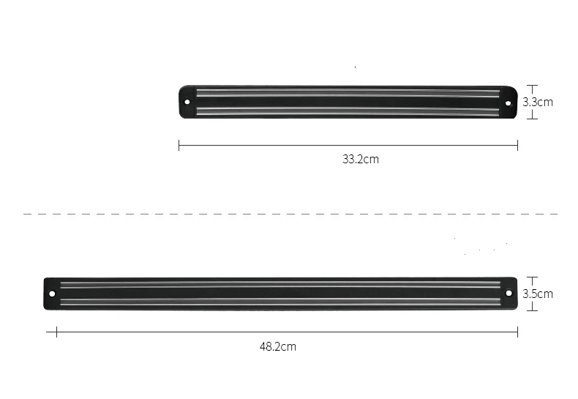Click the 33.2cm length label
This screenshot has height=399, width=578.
click(x=360, y=159)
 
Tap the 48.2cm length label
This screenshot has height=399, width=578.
click(x=278, y=346)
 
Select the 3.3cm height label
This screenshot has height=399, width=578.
click(x=537, y=102)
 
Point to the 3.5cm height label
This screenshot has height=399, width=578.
click(x=537, y=294)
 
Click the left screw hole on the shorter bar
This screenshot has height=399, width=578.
click(x=187, y=102)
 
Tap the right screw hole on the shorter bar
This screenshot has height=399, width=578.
click(x=508, y=102)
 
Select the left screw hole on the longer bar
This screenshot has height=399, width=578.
click(x=52, y=294)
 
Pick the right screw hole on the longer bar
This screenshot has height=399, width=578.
click(x=508, y=294)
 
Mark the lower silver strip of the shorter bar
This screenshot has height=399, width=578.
click(x=348, y=111)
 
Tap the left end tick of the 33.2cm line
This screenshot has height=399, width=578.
click(x=179, y=145)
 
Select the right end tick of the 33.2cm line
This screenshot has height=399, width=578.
click(x=517, y=145)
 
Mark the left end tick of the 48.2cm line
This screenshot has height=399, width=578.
click(x=56, y=332)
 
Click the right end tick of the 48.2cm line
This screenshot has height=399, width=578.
click(x=517, y=332)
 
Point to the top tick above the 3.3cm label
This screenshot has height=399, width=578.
click(x=533, y=85)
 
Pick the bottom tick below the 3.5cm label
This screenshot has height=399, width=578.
click(x=533, y=310)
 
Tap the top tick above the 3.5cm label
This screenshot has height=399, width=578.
click(x=533, y=277)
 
